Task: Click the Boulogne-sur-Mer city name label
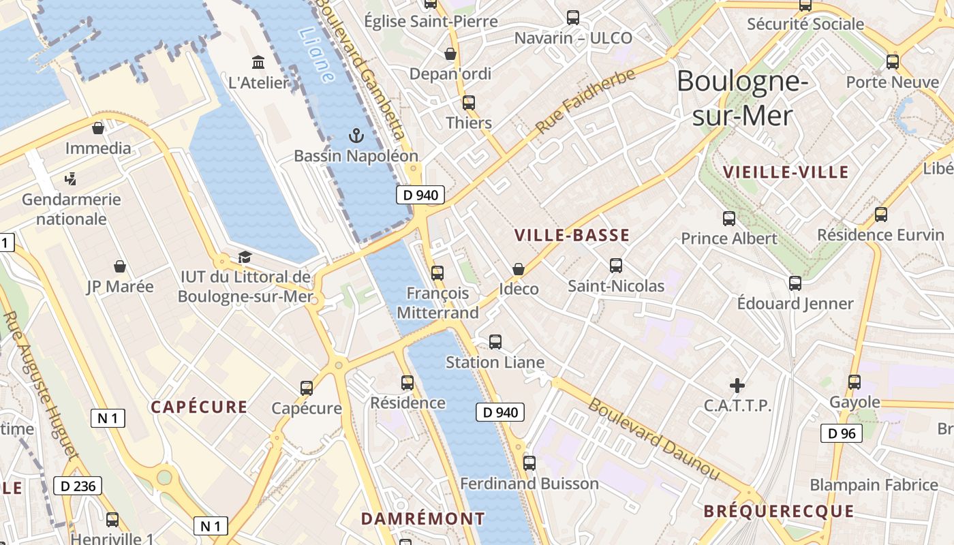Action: [742, 98]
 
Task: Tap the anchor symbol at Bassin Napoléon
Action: [356, 135]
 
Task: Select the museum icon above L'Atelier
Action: [258, 63]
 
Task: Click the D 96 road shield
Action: [842, 433]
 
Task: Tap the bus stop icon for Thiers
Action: [469, 103]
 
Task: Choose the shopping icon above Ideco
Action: [519, 269]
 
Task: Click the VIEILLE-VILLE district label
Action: [786, 172]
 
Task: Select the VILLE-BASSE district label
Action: [572, 236]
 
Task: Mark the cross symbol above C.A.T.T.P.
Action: [737, 385]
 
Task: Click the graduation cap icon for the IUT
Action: [245, 257]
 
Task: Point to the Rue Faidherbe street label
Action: [585, 101]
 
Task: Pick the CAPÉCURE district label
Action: [199, 407]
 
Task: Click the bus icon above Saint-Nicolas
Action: [616, 266]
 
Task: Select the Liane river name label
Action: [316, 54]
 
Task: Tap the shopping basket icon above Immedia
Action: [98, 127]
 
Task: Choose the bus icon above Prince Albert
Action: [729, 219]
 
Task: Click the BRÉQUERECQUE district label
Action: [778, 511]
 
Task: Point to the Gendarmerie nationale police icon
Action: [70, 179]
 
